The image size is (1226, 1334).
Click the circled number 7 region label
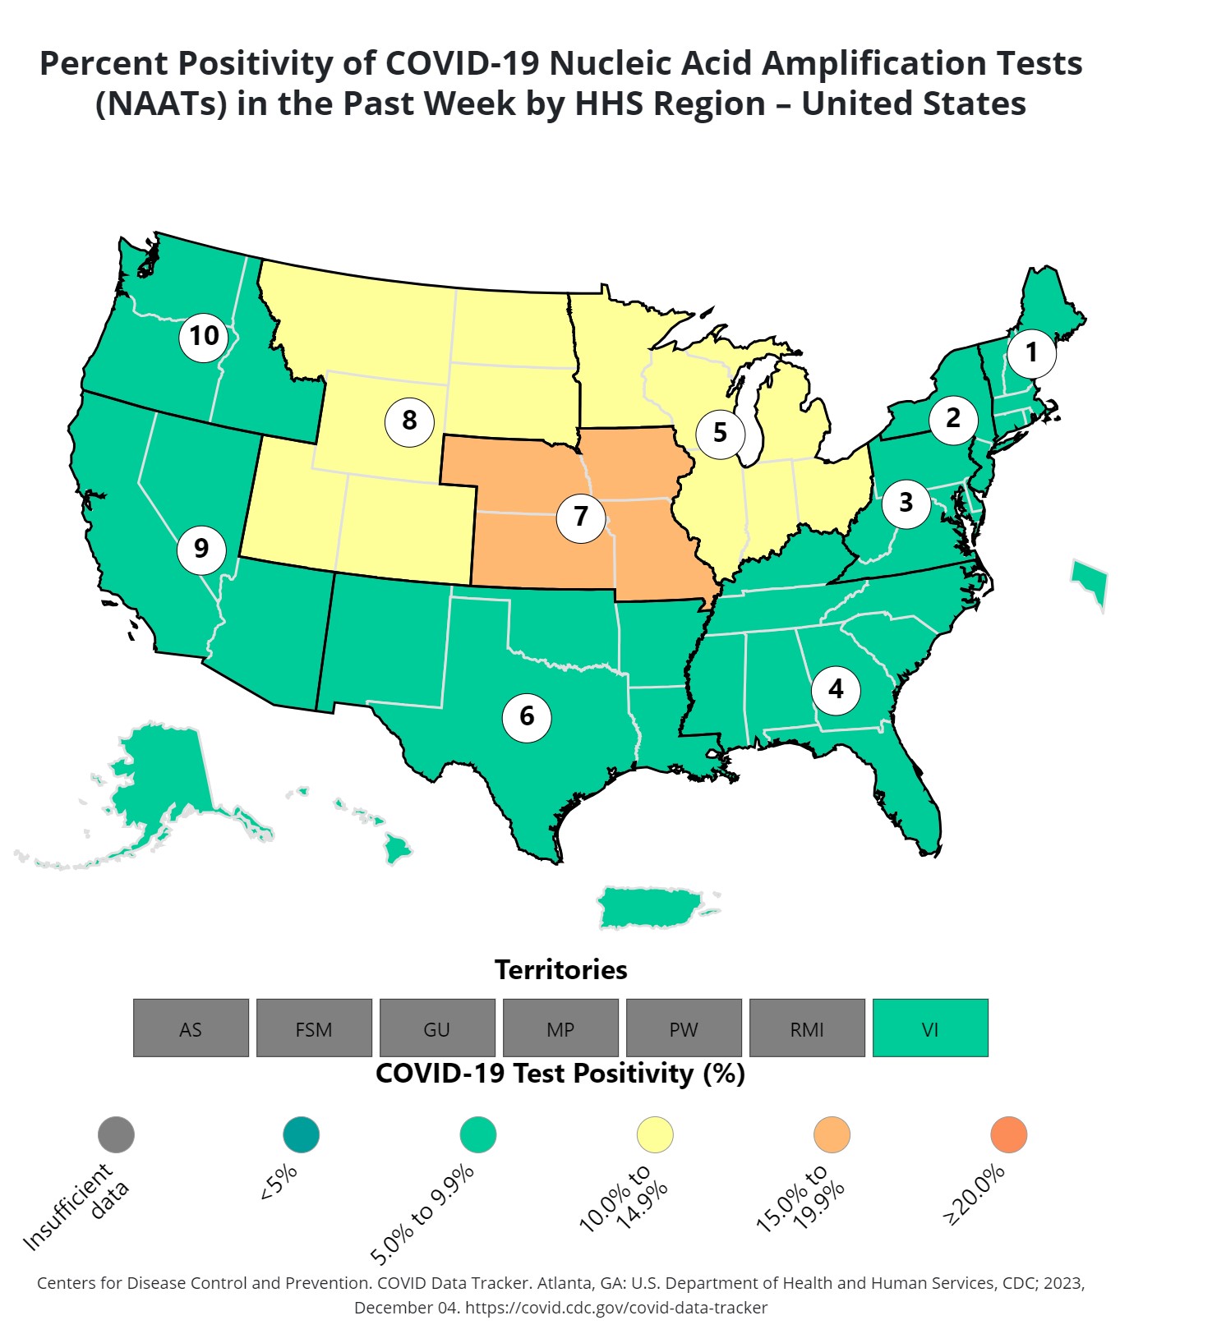[x=581, y=517]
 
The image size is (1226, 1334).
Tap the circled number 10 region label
[x=204, y=337]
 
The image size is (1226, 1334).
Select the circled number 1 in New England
[x=1031, y=353]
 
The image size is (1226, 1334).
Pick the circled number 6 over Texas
[x=527, y=717]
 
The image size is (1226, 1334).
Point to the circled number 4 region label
[x=836, y=689]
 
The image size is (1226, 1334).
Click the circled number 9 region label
[x=201, y=549]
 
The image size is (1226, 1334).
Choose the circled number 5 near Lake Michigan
[x=720, y=433]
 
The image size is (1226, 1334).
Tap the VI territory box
[x=929, y=1028]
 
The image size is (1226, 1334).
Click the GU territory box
[x=437, y=1028]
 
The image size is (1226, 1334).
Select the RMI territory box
[x=807, y=1028]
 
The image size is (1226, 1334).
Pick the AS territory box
[x=191, y=1028]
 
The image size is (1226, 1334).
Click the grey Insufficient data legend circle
[x=116, y=1134]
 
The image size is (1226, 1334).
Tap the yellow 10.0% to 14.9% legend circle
[x=655, y=1134]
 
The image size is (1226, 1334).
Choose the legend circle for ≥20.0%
[x=1008, y=1134]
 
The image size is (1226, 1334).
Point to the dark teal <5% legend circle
[x=301, y=1134]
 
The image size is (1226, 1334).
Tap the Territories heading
[x=560, y=970]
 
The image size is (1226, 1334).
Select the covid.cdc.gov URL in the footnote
[x=616, y=1308]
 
